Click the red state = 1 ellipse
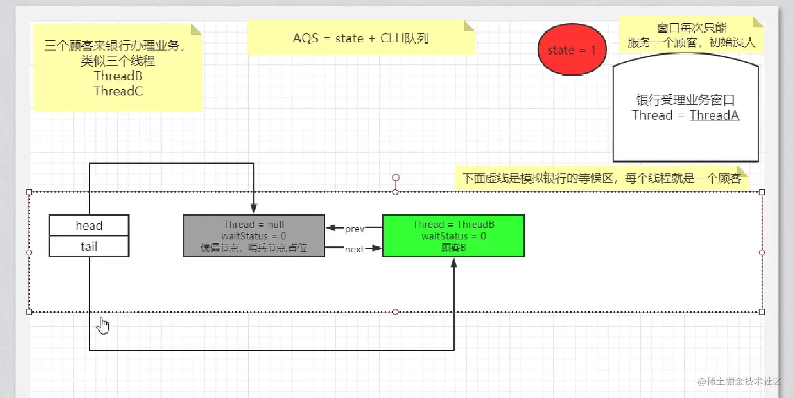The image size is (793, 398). tap(571, 50)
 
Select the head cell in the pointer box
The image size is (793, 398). tap(89, 225)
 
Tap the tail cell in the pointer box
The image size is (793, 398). tap(89, 246)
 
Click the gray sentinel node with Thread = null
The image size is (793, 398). tap(254, 235)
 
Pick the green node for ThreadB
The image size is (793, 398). tap(453, 235)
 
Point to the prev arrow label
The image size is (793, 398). tap(355, 229)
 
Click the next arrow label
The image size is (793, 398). tap(355, 249)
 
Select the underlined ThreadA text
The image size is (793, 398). tap(714, 115)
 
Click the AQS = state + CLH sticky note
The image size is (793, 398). tap(361, 38)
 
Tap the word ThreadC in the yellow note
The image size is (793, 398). tap(118, 91)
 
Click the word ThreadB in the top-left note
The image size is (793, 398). tap(118, 76)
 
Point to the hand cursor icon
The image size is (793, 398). tap(103, 326)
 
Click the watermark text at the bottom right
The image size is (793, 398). tap(740, 382)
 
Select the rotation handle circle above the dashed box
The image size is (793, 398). tap(396, 178)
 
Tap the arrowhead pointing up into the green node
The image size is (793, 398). tap(454, 263)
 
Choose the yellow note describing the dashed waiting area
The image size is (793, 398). tap(601, 179)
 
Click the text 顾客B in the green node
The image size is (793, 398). tap(454, 248)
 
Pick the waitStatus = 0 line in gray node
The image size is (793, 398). tap(254, 236)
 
